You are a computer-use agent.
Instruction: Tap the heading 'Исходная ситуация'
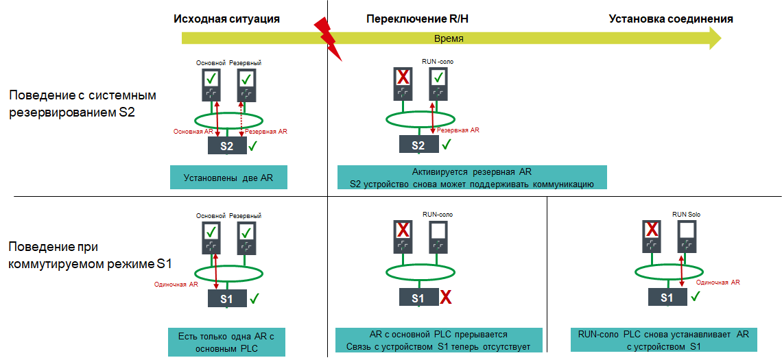(x=226, y=19)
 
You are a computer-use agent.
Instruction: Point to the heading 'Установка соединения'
(x=671, y=19)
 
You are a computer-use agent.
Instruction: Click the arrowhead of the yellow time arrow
(x=713, y=38)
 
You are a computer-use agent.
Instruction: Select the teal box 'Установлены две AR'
(x=228, y=178)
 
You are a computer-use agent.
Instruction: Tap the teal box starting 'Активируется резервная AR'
(x=471, y=178)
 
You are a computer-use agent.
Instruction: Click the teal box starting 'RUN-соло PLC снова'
(x=663, y=340)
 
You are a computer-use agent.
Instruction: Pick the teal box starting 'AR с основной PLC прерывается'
(x=438, y=340)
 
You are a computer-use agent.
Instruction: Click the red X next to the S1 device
(x=446, y=298)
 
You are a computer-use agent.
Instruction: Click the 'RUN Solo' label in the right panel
(x=686, y=215)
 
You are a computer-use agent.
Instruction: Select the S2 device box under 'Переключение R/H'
(x=418, y=145)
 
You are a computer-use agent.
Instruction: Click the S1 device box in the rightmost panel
(x=667, y=298)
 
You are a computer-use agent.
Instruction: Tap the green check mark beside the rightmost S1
(x=694, y=296)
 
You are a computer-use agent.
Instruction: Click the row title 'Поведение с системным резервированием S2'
(x=83, y=104)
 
